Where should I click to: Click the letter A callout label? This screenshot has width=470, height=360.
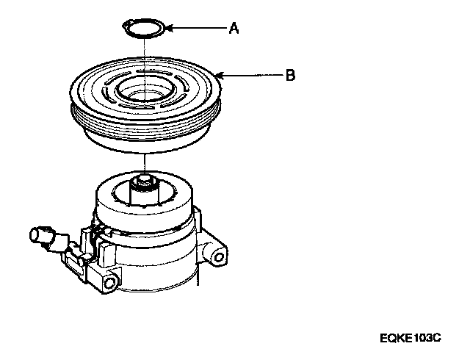(x=234, y=29)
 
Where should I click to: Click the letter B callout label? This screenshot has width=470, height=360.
(x=291, y=75)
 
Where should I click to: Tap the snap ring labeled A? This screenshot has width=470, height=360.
(x=144, y=29)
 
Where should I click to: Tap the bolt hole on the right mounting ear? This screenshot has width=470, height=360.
(x=218, y=256)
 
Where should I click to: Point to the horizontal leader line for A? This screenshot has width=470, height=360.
(x=198, y=29)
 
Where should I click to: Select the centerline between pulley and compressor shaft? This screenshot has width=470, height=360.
(x=146, y=162)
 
